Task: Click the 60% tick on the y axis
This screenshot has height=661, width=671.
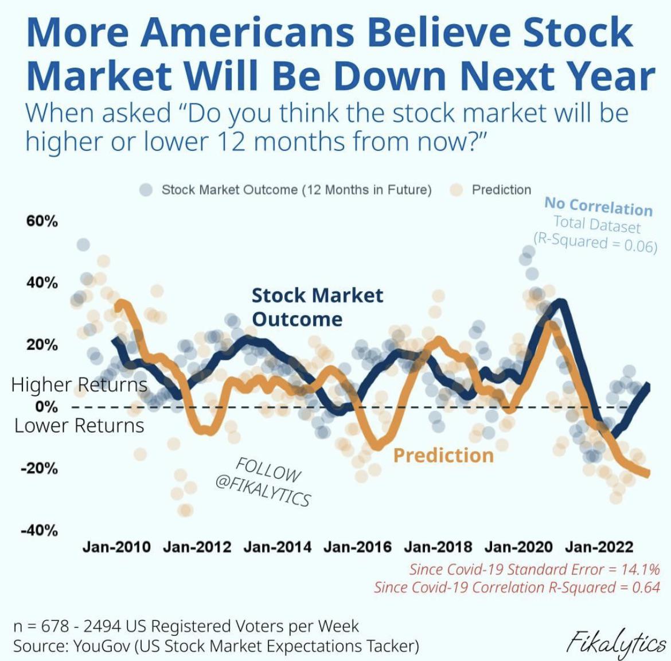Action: tap(42, 221)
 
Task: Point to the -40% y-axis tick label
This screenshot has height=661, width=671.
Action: tap(40, 530)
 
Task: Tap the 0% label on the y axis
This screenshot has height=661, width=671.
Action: tap(46, 407)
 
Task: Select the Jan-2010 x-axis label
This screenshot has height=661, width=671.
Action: tap(116, 547)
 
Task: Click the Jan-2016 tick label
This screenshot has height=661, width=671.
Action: tap(357, 547)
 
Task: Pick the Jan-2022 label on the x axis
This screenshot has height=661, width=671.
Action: tap(598, 547)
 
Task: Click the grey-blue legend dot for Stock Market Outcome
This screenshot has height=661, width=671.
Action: tap(146, 190)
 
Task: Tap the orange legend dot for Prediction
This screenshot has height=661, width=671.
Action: tap(457, 190)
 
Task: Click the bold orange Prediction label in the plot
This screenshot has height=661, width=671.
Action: tap(443, 456)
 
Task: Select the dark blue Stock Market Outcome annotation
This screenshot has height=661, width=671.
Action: tap(317, 307)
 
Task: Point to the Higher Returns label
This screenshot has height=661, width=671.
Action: tap(79, 384)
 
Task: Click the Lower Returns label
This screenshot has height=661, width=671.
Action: tap(79, 426)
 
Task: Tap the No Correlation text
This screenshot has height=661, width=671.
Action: tap(598, 207)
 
